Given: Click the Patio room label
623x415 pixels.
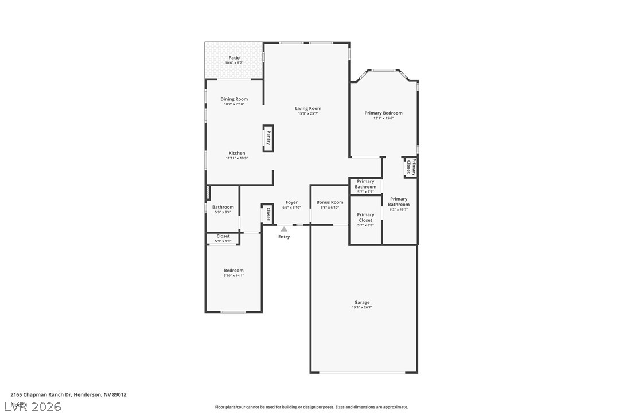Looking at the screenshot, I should click(234, 58).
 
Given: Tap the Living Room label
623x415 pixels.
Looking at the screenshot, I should click(308, 108).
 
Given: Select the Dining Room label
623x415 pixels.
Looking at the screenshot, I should click(234, 99).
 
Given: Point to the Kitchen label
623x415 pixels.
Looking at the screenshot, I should click(237, 153).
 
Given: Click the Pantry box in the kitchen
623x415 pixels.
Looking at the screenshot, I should click(268, 138).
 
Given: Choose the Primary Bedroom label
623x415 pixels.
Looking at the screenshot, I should click(383, 113).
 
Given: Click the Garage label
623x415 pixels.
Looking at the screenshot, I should click(362, 302).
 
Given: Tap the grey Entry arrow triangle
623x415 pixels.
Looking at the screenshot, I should click(284, 229).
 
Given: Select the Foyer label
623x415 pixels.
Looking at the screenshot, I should click(291, 202).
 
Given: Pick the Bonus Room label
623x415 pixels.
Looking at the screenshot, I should click(330, 202).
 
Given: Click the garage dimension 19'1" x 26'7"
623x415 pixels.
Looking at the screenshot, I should click(362, 308).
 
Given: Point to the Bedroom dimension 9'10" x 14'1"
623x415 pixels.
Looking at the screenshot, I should click(233, 276).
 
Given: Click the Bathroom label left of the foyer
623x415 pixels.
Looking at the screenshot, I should click(223, 207).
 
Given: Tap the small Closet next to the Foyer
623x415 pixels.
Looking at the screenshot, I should click(267, 214).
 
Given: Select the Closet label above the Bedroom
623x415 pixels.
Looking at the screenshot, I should click(223, 236).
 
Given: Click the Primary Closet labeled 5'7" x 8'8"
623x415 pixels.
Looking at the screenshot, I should click(365, 218).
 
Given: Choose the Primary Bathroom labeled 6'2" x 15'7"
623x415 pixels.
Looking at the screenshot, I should click(399, 202).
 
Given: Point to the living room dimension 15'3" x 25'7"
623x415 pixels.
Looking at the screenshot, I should click(308, 114).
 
